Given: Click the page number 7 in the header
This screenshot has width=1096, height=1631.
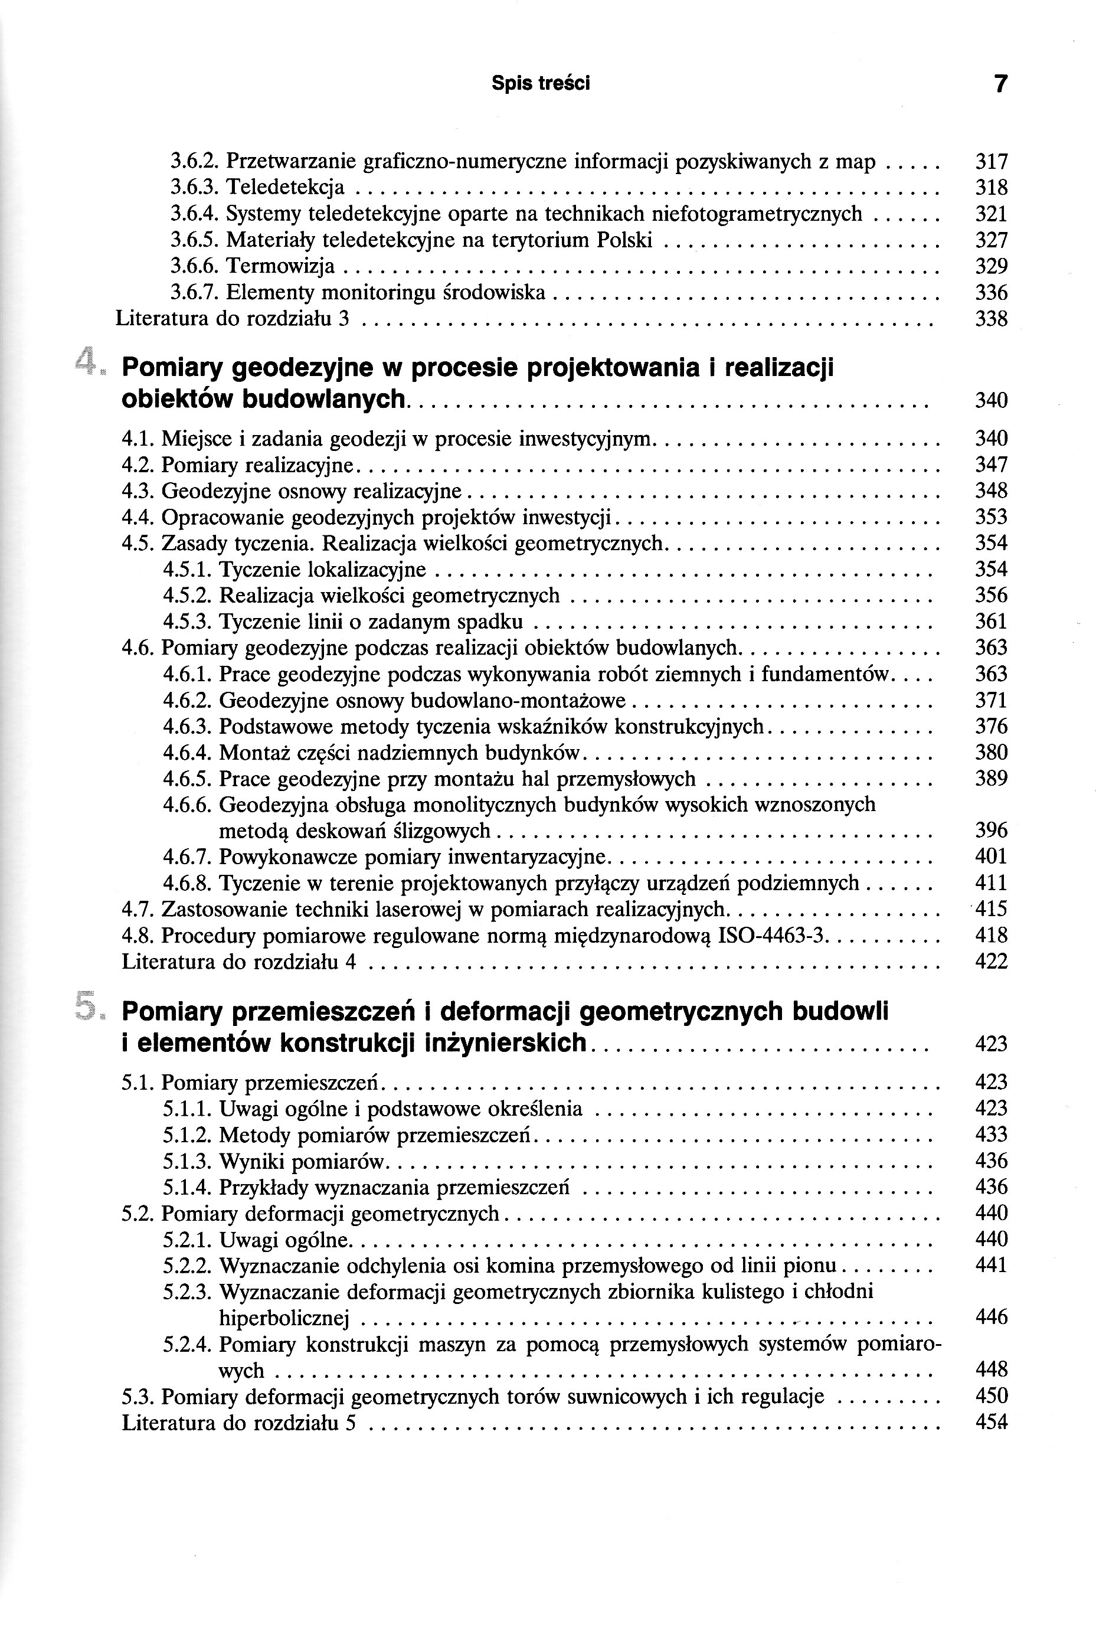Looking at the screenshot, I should (x=1000, y=84).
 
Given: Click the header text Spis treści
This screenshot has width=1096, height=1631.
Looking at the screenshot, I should (x=540, y=83).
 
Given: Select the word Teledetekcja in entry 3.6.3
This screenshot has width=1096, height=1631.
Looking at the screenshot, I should (x=285, y=187).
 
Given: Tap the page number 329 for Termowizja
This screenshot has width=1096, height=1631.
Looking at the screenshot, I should (x=991, y=266).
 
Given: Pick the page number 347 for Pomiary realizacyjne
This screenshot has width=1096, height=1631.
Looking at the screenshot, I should (x=991, y=465).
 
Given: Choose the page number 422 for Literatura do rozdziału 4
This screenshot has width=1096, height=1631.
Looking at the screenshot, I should (x=991, y=962).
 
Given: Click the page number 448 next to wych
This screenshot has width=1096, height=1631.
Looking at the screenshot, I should (x=991, y=1369).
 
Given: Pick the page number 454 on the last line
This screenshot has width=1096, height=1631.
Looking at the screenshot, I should (x=991, y=1422).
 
